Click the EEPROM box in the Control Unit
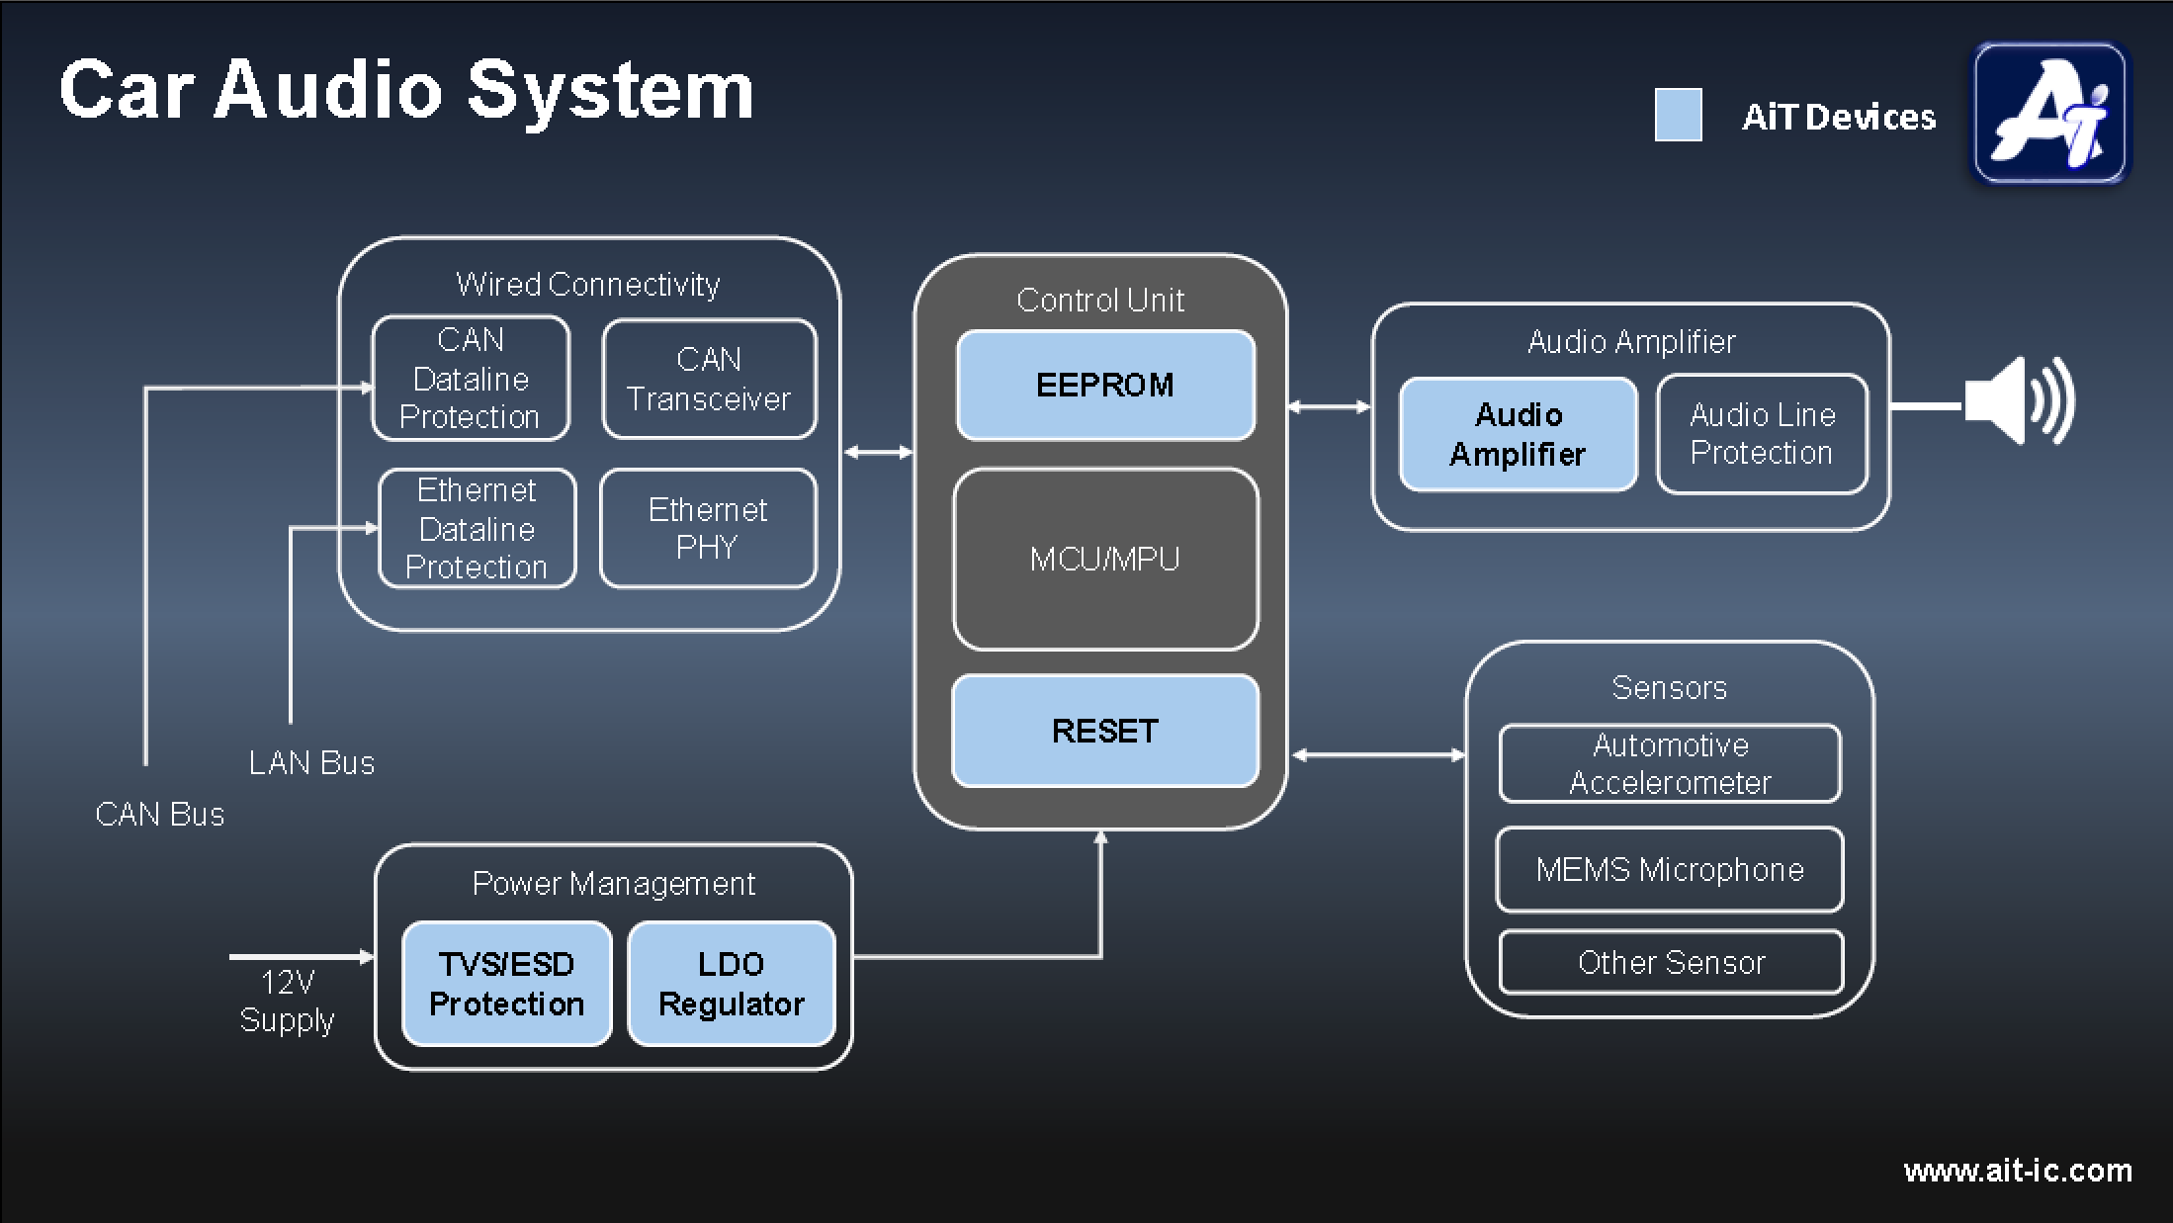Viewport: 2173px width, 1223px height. (1105, 385)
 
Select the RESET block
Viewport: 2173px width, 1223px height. (1105, 731)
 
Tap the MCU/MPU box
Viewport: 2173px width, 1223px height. (1105, 560)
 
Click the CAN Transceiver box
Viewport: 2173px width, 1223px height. (709, 379)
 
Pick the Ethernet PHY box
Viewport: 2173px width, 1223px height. (708, 529)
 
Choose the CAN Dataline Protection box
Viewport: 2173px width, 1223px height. (471, 379)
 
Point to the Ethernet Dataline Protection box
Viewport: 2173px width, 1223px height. (478, 529)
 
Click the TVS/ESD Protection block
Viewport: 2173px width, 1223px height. (507, 984)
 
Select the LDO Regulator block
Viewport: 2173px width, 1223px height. (732, 984)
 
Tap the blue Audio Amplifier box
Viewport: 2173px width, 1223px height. (1518, 434)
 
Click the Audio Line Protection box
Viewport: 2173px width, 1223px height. (1762, 434)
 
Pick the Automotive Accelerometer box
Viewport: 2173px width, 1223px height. (1670, 763)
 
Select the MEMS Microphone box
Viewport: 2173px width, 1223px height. (1670, 870)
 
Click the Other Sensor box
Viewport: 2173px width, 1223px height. (1671, 962)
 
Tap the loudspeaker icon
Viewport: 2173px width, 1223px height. (2017, 402)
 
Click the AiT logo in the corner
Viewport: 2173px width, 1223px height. (2050, 113)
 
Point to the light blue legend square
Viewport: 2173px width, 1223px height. (1679, 116)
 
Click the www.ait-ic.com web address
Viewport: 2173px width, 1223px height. (2018, 1171)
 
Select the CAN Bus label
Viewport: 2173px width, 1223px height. (160, 815)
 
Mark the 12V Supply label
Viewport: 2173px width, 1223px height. (287, 1001)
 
